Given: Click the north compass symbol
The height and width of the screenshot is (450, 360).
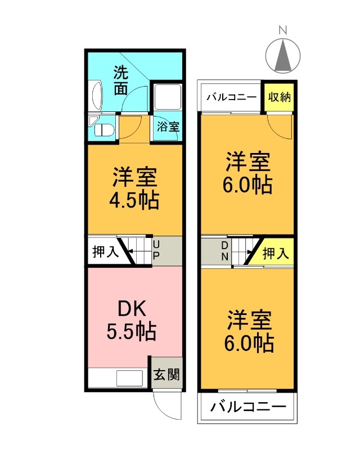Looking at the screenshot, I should (x=283, y=54).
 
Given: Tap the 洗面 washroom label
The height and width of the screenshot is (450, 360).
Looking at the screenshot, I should (x=121, y=80).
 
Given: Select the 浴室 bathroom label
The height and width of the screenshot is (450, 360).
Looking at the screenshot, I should (x=168, y=127).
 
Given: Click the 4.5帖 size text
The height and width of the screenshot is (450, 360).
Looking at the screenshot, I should (x=134, y=200).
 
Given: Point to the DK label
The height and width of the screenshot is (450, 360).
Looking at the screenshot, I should (x=132, y=309).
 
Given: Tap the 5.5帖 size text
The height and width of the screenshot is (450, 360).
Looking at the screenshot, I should (x=132, y=331).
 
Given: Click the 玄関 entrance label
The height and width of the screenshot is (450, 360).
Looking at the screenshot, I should (x=167, y=373).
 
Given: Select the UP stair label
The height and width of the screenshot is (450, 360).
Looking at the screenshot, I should (x=156, y=251).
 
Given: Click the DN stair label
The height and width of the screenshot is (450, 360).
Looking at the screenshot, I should (x=224, y=251).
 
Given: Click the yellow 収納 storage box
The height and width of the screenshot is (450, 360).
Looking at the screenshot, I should (x=279, y=97).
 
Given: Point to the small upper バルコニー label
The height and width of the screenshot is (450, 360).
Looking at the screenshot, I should (x=232, y=97).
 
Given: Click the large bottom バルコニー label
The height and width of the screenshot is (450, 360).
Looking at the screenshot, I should (x=248, y=407).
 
